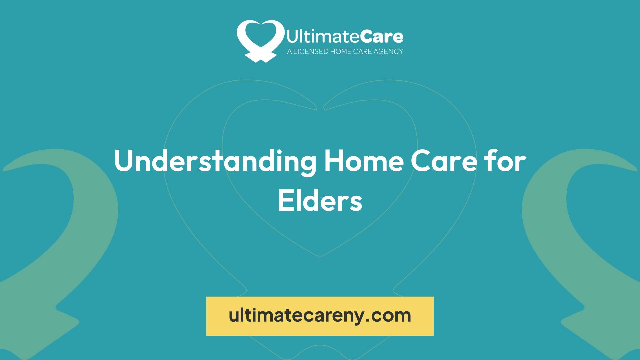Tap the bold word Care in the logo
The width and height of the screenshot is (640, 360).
[381, 37]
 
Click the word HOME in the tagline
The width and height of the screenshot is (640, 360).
[340, 51]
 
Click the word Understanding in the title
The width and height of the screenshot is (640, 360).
[215, 161]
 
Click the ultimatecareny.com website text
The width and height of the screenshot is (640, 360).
[320, 315]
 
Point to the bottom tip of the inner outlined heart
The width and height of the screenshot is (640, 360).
[320, 256]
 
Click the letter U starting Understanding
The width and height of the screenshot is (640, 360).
[125, 161]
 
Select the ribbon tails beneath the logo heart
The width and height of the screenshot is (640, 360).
[260, 57]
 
